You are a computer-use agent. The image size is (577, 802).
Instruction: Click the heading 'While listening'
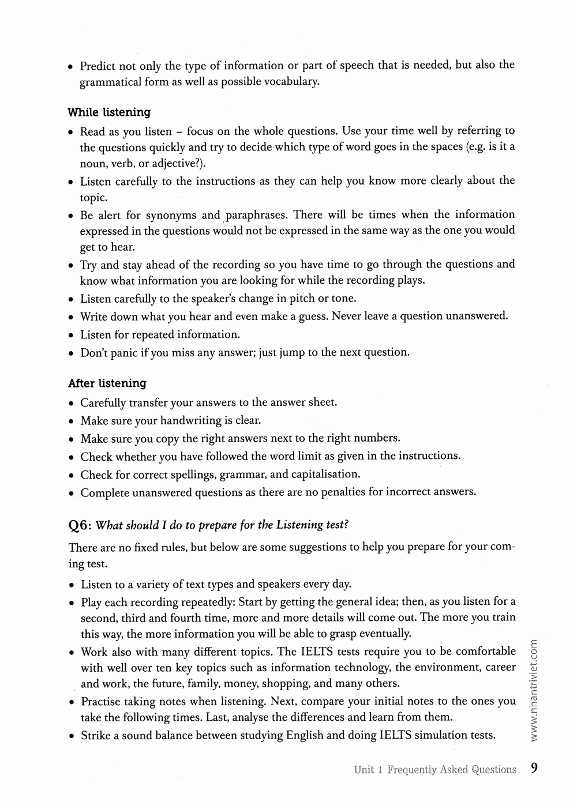(x=109, y=112)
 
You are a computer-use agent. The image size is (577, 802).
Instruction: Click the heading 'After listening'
(x=107, y=383)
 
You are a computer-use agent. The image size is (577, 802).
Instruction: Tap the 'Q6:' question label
(x=80, y=525)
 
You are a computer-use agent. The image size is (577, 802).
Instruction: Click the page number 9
(x=534, y=768)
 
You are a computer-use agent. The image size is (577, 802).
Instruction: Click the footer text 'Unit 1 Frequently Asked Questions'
(x=435, y=770)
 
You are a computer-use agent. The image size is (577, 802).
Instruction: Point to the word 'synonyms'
(x=171, y=216)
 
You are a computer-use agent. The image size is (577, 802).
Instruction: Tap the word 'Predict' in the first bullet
(x=98, y=66)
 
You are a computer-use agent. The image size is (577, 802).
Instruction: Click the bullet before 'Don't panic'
(x=70, y=353)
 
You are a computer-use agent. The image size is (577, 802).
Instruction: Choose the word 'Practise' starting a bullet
(x=101, y=702)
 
